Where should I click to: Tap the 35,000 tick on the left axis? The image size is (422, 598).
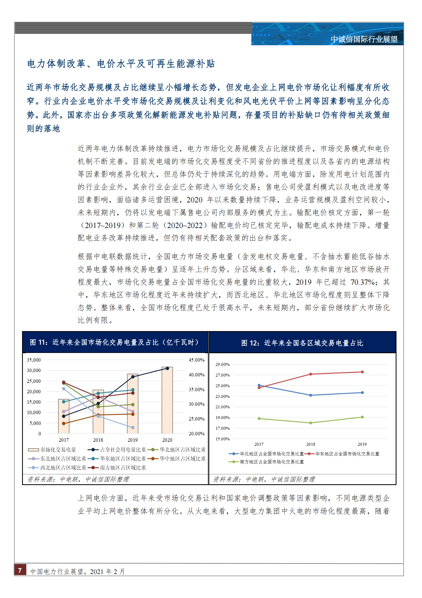pos(34,360)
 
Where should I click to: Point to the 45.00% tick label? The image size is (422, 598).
pos(197,360)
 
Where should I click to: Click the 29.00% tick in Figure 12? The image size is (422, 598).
pos(222,364)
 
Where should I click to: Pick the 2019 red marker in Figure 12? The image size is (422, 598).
pos(362,372)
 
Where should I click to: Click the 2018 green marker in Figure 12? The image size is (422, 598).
pos(311,423)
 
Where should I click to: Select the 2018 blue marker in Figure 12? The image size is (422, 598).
pos(311,395)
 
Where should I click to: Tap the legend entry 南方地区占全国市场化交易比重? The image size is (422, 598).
pos(271,462)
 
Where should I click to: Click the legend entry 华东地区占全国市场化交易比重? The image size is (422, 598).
pos(347,454)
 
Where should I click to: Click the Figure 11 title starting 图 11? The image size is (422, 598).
pos(114,342)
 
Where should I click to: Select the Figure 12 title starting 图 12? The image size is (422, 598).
pos(302,343)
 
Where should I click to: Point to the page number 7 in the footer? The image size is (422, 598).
pos(20,570)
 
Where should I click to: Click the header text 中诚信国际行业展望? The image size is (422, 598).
pos(364,39)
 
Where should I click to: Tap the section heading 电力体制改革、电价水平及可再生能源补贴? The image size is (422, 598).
pos(121,64)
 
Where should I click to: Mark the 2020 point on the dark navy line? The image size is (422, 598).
pos(167,368)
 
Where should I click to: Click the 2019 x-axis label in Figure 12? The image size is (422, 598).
pos(362,444)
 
